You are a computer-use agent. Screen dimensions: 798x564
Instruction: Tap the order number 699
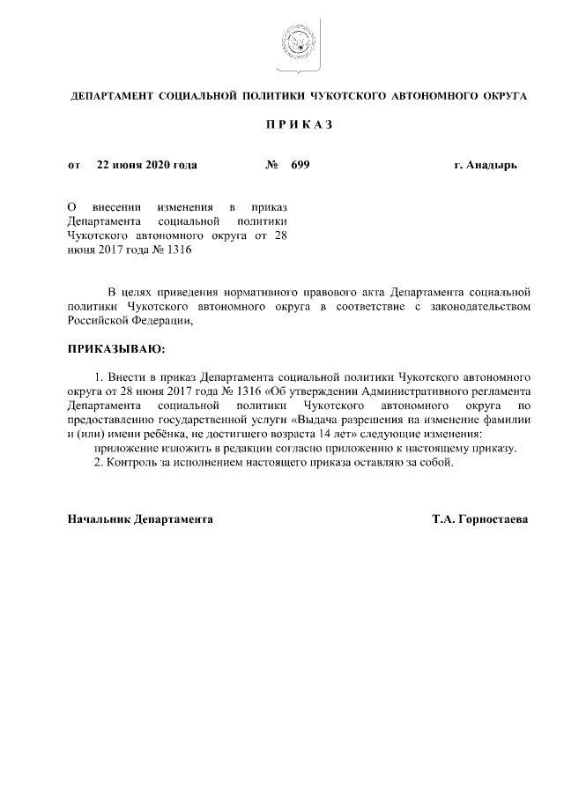pyautogui.click(x=301, y=165)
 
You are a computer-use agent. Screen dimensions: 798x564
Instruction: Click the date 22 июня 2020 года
pyautogui.click(x=146, y=165)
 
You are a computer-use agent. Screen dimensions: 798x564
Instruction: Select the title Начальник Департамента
pyautogui.click(x=140, y=520)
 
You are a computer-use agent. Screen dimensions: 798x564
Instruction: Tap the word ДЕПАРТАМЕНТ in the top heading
pyautogui.click(x=111, y=94)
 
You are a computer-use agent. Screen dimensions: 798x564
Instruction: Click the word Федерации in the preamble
pyautogui.click(x=155, y=321)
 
